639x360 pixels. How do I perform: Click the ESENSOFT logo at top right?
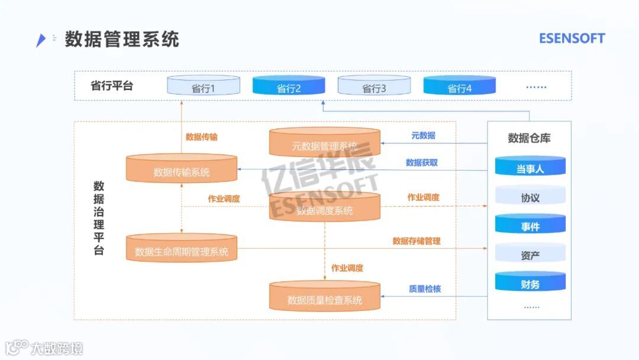tap(572, 38)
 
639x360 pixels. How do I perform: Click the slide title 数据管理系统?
tap(122, 39)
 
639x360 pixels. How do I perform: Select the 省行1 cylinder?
tap(203, 86)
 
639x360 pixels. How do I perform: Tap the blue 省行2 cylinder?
tap(289, 86)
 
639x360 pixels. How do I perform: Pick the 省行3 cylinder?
tap(374, 86)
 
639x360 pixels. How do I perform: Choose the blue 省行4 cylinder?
tap(459, 86)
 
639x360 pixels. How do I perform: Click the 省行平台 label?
tap(112, 85)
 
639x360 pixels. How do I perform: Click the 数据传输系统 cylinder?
tap(182, 170)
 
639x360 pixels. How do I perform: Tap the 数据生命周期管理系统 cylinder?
tap(182, 249)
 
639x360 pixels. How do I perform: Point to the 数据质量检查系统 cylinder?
tap(324, 297)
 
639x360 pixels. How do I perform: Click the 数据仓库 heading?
tap(529, 138)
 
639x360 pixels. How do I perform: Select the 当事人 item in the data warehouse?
tap(530, 168)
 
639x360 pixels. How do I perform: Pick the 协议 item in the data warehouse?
tap(530, 197)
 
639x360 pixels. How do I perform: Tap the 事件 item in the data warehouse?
tap(530, 225)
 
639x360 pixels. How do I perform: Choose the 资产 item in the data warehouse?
tap(530, 255)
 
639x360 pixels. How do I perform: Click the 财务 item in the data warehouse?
tap(530, 283)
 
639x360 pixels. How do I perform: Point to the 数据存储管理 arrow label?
tap(417, 241)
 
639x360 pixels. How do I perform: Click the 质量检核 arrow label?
tap(425, 289)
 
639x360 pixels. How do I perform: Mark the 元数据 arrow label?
tap(423, 136)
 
